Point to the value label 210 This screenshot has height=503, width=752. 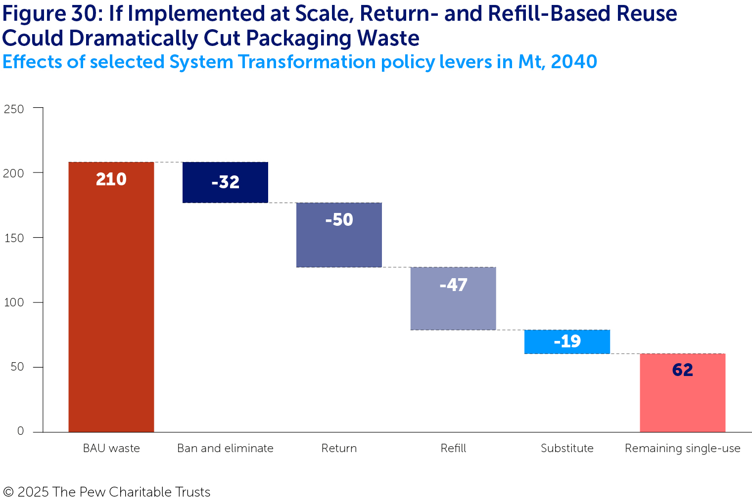coord(111,179)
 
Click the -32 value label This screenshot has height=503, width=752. coord(225,182)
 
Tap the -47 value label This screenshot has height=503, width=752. coord(453,285)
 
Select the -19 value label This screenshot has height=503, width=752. coord(567,341)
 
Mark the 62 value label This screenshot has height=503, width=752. coord(682,370)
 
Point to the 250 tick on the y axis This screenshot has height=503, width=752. coord(14,109)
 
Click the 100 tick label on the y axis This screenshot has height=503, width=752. coord(14,302)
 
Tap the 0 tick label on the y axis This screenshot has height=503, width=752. coord(20,431)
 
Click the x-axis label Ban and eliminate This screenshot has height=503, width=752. coord(225,448)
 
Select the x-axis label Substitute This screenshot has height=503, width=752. coord(567,448)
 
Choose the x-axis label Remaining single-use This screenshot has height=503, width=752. coord(682,448)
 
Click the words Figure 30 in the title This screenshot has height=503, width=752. coord(49,14)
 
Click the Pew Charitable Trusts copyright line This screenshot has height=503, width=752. coord(106,492)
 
